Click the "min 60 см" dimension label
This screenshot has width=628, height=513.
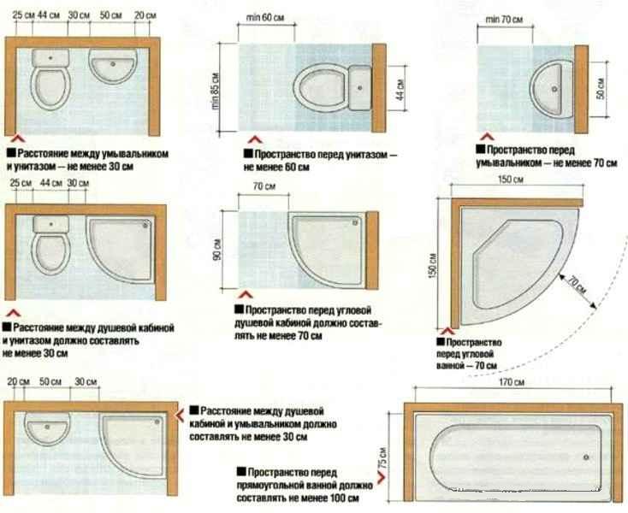pyautogui.click(x=265, y=18)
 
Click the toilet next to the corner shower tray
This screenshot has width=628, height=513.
pyautogui.click(x=49, y=244)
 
